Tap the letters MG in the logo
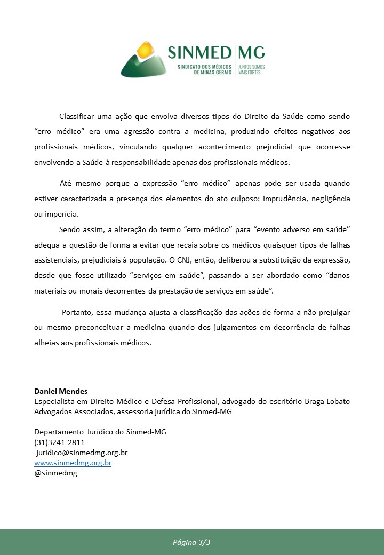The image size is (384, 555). [x=251, y=53]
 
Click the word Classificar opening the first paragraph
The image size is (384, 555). [x=78, y=116]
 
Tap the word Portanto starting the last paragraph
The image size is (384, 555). [x=79, y=312]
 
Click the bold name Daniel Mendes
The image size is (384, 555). [x=61, y=391]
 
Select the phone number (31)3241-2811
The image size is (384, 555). [x=59, y=442]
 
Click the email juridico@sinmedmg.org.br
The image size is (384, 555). [x=82, y=453]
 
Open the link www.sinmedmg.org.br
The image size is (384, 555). [x=73, y=463]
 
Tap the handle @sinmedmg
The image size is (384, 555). [x=55, y=473]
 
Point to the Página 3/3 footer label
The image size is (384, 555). [x=192, y=542]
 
